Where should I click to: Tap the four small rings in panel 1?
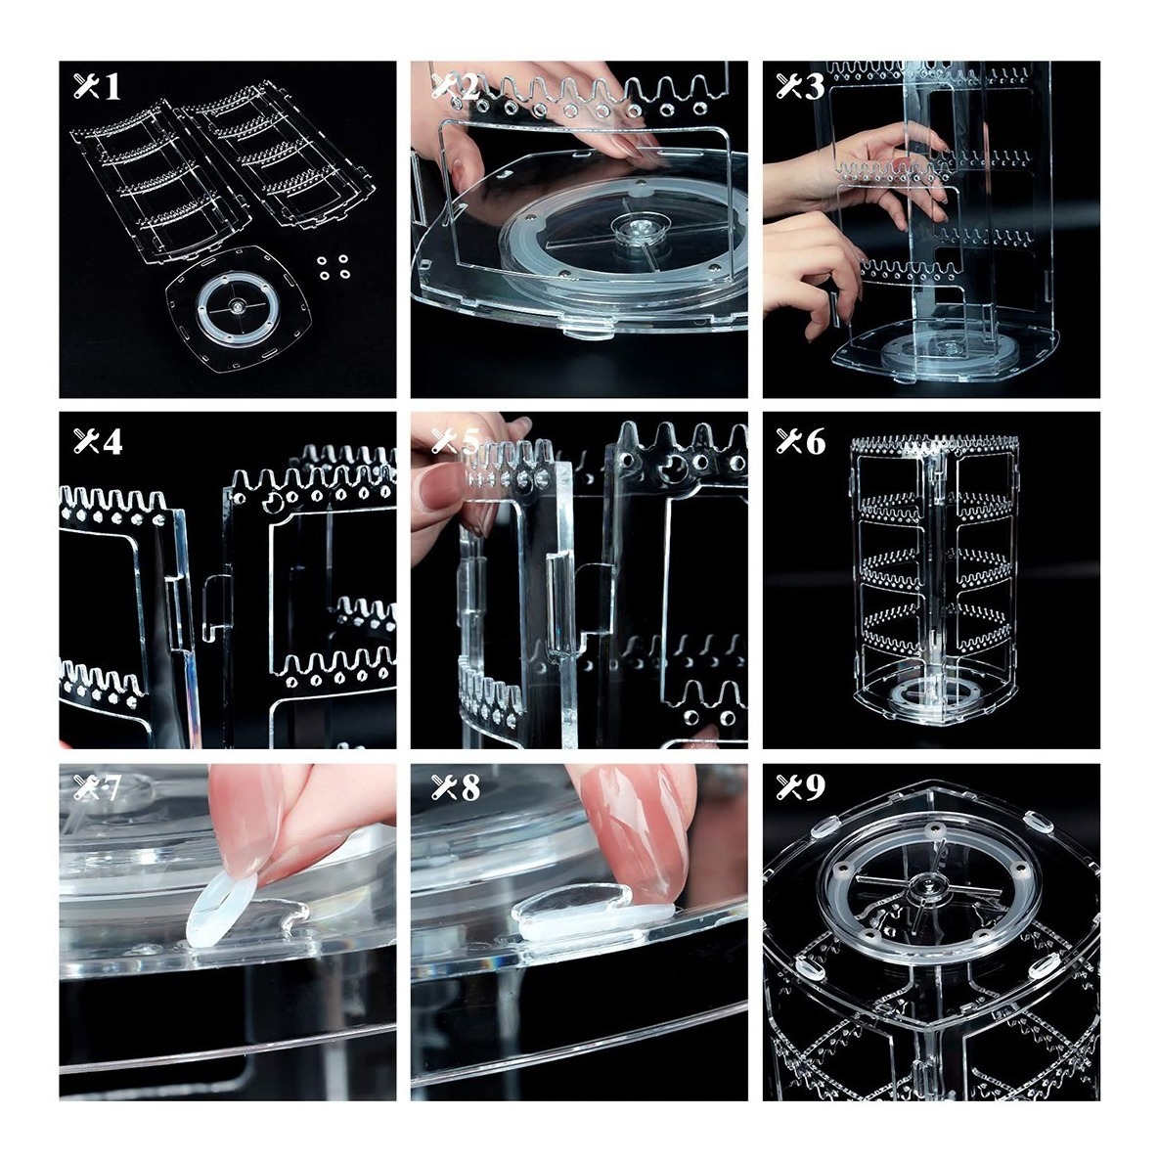click(x=334, y=267)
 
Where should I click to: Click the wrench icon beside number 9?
click(x=789, y=787)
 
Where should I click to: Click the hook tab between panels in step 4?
click(x=216, y=604)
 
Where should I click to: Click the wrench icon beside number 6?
click(x=789, y=442)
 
